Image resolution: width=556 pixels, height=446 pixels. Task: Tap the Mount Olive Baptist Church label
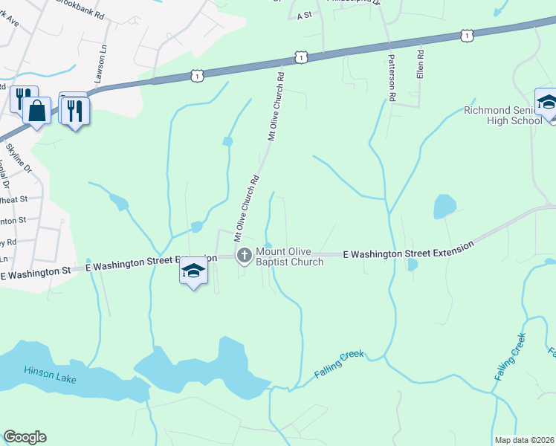pyautogui.click(x=289, y=256)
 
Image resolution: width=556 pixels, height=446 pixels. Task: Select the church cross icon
pyautogui.click(x=243, y=256)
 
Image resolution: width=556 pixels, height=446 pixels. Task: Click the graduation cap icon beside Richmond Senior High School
pyautogui.click(x=547, y=102)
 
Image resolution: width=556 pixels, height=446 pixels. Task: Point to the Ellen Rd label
pyautogui.click(x=420, y=65)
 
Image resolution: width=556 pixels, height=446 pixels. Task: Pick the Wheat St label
pyautogui.click(x=13, y=199)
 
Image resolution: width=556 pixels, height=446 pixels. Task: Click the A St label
pyautogui.click(x=303, y=15)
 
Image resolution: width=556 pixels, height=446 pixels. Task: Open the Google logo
pyautogui.click(x=25, y=437)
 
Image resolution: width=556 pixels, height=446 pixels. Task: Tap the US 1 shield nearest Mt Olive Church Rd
pyautogui.click(x=299, y=57)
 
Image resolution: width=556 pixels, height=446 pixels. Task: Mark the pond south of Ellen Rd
pyautogui.click(x=444, y=205)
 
